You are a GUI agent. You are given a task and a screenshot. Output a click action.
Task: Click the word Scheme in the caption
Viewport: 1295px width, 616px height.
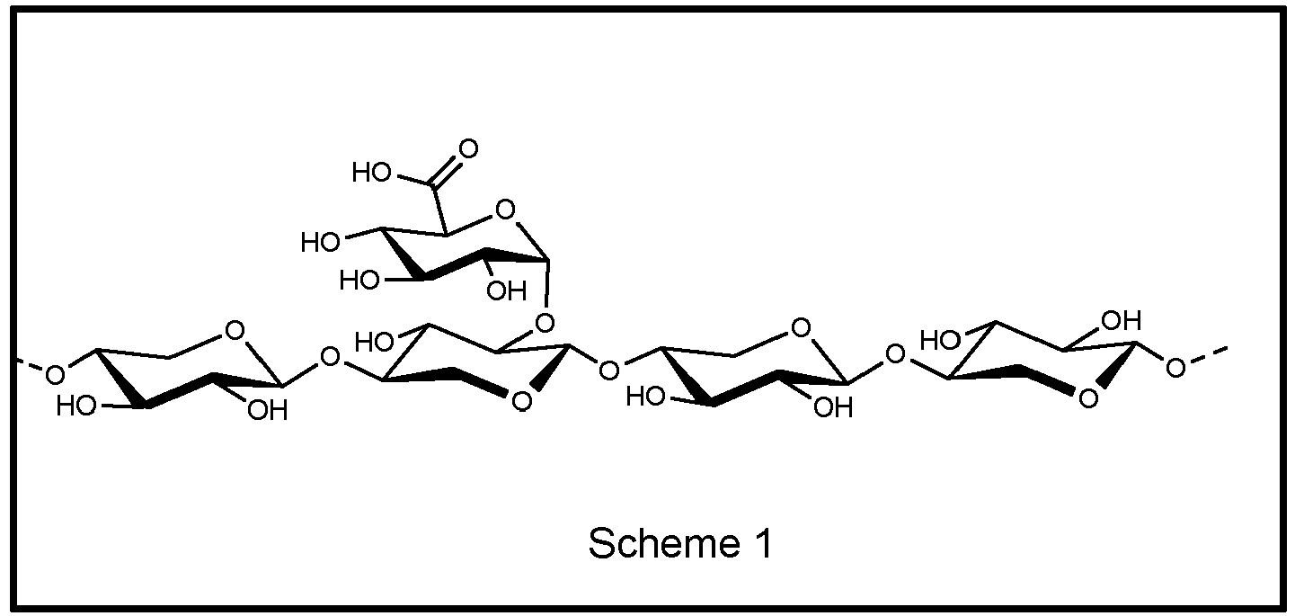[664, 544]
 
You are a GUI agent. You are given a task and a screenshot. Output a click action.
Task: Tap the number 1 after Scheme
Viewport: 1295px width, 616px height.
[763, 544]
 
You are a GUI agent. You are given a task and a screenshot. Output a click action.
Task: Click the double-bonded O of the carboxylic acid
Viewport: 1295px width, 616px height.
[468, 148]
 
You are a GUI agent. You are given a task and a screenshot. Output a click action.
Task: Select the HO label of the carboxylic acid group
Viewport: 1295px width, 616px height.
[372, 173]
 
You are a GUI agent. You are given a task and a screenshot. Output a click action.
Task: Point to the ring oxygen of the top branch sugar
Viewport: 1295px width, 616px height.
[505, 210]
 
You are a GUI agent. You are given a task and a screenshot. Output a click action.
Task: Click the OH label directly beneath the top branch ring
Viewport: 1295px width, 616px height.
[507, 291]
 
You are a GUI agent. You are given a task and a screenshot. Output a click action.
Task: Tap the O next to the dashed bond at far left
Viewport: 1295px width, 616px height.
[55, 376]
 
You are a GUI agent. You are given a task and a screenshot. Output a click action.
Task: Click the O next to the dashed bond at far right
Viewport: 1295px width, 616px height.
[1175, 368]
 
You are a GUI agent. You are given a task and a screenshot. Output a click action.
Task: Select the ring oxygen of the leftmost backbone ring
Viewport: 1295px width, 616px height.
[235, 331]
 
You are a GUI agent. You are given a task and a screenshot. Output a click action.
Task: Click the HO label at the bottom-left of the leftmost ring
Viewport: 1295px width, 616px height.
[76, 406]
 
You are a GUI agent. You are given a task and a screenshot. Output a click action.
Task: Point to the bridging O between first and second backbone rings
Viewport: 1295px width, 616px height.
[330, 357]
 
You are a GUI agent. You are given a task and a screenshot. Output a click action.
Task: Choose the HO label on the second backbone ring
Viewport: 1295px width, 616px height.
[374, 343]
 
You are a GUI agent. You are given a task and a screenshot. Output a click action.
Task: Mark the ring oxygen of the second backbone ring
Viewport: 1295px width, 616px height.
[521, 402]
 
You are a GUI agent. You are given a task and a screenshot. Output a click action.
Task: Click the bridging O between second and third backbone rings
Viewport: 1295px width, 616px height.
[608, 370]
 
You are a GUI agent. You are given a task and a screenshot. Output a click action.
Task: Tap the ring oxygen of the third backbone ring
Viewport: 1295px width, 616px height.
[800, 328]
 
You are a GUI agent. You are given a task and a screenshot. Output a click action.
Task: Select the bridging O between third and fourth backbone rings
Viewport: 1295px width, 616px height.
[895, 354]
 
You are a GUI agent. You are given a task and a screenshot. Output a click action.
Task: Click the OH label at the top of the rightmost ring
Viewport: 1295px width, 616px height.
[1122, 320]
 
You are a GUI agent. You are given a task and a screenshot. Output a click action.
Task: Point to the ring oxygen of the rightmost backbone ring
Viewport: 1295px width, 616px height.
[1088, 399]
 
